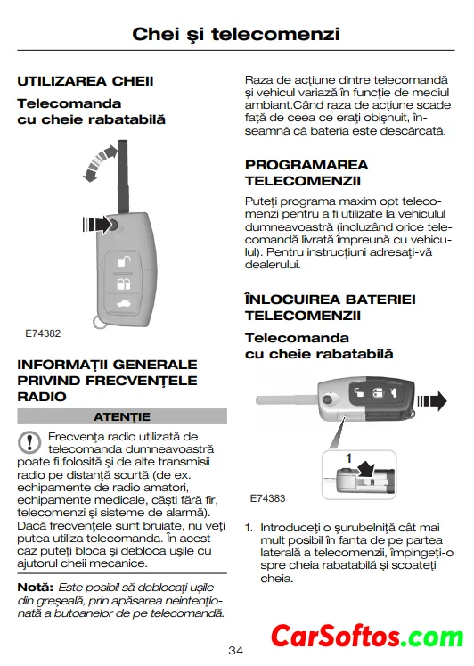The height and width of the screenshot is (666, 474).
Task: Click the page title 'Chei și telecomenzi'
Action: [236, 34]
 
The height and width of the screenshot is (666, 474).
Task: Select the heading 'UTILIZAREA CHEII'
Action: [86, 81]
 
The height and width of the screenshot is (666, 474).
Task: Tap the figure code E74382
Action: [43, 333]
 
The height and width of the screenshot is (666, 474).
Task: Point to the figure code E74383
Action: [268, 498]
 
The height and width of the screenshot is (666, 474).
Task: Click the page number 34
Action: [236, 650]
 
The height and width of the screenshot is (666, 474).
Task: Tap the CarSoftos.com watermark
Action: [367, 637]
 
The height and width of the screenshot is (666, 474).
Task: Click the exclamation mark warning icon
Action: [29, 442]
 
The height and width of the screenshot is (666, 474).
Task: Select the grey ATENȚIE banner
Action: [122, 416]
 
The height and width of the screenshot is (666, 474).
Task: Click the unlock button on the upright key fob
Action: [124, 261]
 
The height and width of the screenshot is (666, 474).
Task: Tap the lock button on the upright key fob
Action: [124, 284]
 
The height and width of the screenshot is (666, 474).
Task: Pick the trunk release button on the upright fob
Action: [124, 304]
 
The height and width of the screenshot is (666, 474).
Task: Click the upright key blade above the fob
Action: [123, 177]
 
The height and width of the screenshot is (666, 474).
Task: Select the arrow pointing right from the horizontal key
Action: [432, 401]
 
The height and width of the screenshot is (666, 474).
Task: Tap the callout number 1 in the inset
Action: [348, 458]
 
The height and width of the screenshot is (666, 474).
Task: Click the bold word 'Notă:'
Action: [36, 588]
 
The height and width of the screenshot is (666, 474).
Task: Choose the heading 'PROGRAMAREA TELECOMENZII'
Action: [306, 173]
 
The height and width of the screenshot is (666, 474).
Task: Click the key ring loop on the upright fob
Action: [98, 321]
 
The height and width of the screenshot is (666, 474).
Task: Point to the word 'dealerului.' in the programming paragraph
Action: [273, 265]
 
